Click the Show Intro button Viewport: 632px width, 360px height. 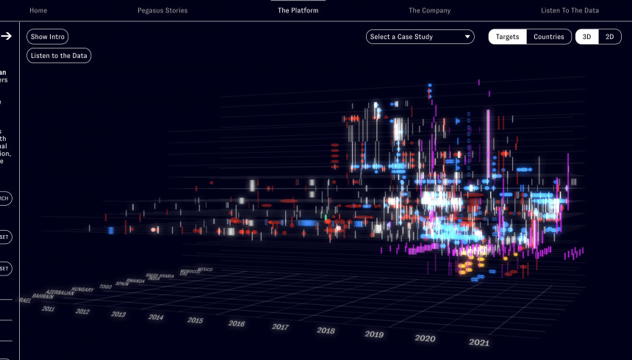point(49,36)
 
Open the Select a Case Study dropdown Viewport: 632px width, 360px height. point(420,37)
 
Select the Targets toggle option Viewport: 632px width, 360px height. point(507,37)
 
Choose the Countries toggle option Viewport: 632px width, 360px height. point(549,37)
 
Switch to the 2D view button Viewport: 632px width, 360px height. point(609,37)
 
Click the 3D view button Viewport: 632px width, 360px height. point(586,37)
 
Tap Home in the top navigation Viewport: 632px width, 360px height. point(38,10)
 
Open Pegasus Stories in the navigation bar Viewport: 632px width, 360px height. point(162,10)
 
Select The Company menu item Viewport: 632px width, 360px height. point(430,10)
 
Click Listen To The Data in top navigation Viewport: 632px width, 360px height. point(570,10)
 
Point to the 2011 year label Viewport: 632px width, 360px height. point(49,309)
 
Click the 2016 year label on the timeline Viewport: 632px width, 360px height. point(237,323)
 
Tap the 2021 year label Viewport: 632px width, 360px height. point(478,342)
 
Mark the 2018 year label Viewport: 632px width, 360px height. point(326,331)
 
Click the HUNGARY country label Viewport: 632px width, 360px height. point(82,290)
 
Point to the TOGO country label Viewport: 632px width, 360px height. point(106,287)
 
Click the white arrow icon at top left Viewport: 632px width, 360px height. point(6,35)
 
